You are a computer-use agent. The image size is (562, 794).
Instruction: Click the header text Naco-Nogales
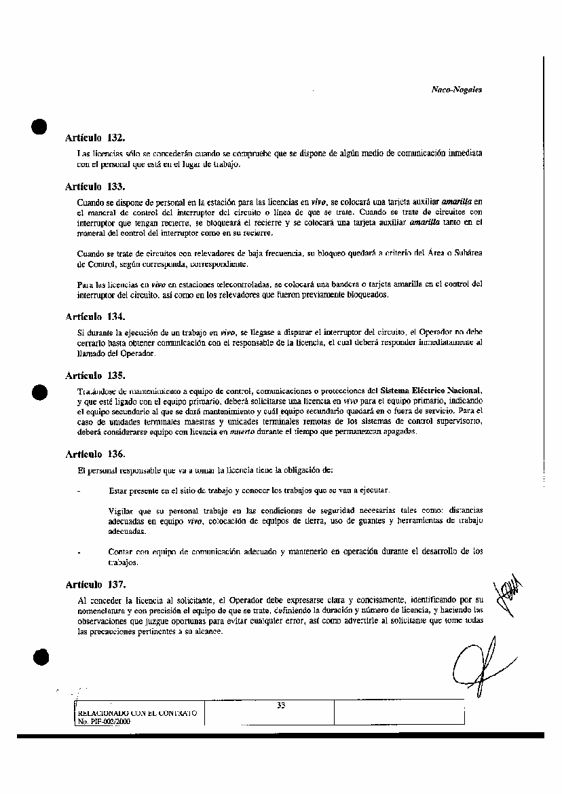456,90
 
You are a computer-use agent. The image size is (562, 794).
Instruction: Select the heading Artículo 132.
95,138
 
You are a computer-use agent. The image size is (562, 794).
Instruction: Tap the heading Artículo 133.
95,186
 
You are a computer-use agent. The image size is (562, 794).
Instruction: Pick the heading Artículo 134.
95,317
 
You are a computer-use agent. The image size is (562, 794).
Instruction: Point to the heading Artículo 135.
95,375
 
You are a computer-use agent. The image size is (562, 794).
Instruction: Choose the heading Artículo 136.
95,454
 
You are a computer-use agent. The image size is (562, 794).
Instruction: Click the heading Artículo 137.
95,584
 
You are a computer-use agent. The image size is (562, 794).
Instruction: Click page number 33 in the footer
281,705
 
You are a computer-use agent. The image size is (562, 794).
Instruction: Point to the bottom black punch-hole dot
40,656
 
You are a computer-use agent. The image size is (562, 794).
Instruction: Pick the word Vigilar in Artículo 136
121,509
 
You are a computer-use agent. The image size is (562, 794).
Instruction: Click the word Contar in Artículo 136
120,552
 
